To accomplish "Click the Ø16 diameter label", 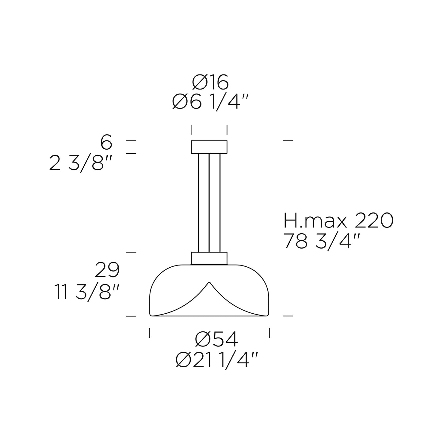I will (211, 82).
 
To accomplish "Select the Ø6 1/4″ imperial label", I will (210, 102).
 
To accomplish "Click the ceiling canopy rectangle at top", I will (209, 147).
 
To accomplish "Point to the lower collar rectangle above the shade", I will (209, 258).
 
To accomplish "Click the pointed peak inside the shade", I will (209, 282).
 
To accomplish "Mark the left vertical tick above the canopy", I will (191, 130).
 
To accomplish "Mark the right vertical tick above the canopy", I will (227, 130).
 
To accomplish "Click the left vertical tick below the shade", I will (150, 333).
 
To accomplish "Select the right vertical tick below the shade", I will (269, 333).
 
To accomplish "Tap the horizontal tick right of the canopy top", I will (288, 141).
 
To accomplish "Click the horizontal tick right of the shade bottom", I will (288, 316).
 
